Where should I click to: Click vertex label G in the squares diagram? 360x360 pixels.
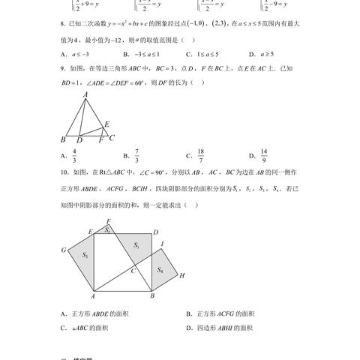click(x=64, y=250)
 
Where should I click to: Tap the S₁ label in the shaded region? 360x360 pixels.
click(x=85, y=256)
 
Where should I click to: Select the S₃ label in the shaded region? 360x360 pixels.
click(x=136, y=246)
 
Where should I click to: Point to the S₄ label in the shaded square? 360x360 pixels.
click(x=160, y=270)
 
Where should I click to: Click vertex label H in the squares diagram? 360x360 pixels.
click(x=182, y=276)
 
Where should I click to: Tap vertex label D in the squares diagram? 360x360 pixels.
click(x=155, y=232)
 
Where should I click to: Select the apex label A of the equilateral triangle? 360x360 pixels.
click(x=86, y=94)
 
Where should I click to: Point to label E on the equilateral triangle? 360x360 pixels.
click(x=107, y=124)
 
